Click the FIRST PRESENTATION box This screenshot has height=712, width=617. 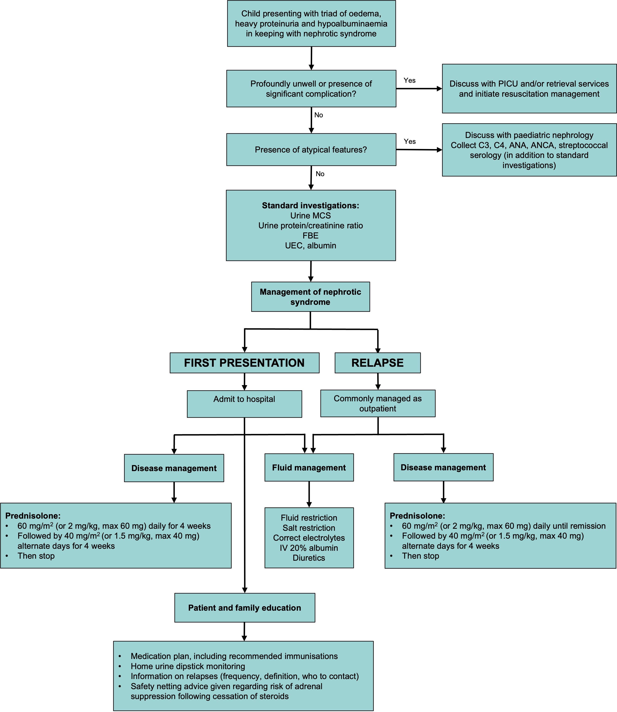point(244,363)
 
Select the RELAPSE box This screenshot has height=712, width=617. point(377,363)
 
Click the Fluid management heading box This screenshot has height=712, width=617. point(309,467)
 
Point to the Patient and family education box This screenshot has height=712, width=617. point(244,608)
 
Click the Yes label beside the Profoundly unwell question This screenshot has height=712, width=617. point(409,80)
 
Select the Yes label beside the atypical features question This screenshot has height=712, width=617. point(410,141)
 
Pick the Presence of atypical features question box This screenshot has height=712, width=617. point(311,149)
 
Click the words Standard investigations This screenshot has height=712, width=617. point(310,206)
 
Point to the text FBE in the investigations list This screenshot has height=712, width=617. point(310,236)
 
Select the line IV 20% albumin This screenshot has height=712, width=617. point(309,548)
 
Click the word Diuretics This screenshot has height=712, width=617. point(309,558)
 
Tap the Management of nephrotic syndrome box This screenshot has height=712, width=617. point(310,297)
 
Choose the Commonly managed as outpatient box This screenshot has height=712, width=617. point(378,403)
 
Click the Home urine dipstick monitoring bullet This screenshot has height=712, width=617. point(188,666)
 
